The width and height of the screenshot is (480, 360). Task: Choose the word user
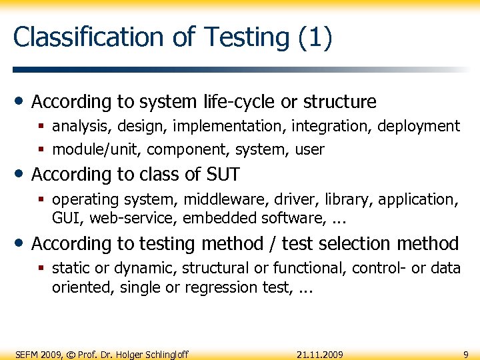tap(309, 149)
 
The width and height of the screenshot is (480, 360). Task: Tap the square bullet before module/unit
tap(42, 150)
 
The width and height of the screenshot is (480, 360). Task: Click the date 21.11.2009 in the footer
tap(319, 354)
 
